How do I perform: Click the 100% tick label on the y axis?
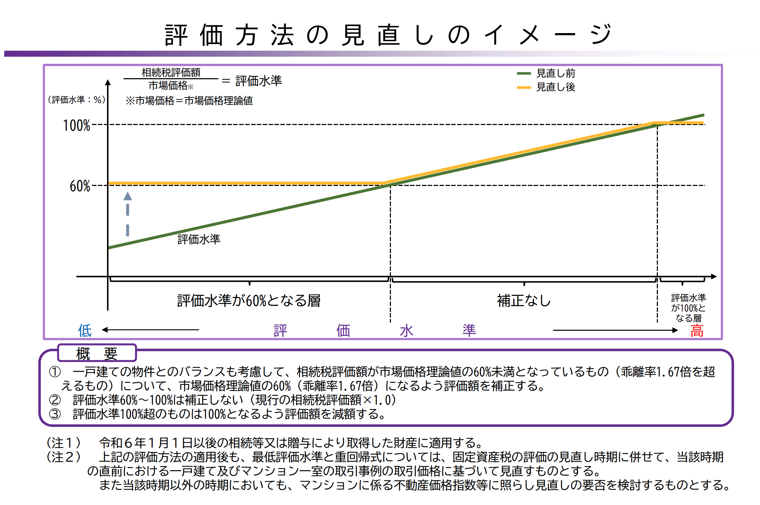point(76,125)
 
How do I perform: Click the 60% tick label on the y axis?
point(80,186)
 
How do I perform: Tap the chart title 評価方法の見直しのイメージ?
point(387,35)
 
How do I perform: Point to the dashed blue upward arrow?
point(127,214)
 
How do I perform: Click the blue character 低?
point(85,330)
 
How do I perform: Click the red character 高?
point(697,331)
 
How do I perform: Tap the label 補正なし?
point(524,301)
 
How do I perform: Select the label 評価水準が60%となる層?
point(249,301)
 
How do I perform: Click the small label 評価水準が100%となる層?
point(689,308)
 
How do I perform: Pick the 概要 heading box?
point(97,353)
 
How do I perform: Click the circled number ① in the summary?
point(55,372)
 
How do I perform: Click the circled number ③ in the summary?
point(55,414)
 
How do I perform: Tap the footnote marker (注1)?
point(64,443)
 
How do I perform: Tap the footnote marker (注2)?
point(64,457)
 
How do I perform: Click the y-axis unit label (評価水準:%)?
point(76,100)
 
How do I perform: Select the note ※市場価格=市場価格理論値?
point(189,101)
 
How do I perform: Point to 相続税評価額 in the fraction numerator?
point(171,73)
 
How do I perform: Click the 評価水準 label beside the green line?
point(199,239)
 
